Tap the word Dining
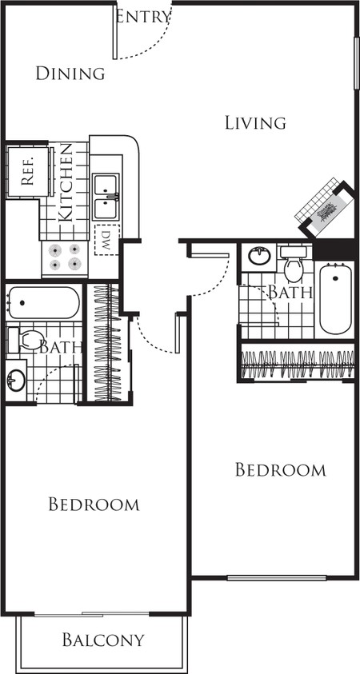pos(70,74)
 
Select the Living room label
pos(255,123)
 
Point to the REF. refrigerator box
pos(27,172)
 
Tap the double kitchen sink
pos(106,197)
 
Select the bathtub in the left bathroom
pos(43,302)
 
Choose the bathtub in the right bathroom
pos(335,298)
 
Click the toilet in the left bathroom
pos(26,340)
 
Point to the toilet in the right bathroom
pos(294,264)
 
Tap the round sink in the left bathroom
pos(15,381)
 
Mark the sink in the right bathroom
pos(259,256)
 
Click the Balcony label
pos(102,640)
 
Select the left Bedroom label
pos(94,504)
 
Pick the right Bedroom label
pos(281,469)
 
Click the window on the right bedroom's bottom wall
pos(277,578)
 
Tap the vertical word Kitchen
pos(66,182)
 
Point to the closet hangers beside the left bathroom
pos(106,343)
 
